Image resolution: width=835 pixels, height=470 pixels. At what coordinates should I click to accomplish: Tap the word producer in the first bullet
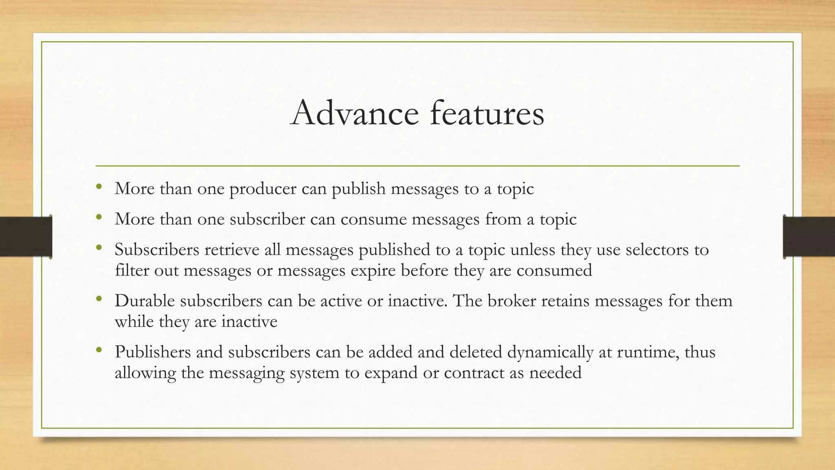tap(263, 189)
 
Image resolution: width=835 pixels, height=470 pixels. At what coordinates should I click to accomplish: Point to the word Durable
tap(144, 301)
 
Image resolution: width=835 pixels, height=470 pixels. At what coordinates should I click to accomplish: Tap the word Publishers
tap(152, 352)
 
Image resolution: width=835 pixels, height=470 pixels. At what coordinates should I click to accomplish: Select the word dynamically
tap(550, 352)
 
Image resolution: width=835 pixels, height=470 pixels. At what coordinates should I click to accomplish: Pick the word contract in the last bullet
tap(474, 373)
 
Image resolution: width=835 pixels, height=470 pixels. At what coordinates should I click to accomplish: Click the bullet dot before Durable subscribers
tap(99, 299)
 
